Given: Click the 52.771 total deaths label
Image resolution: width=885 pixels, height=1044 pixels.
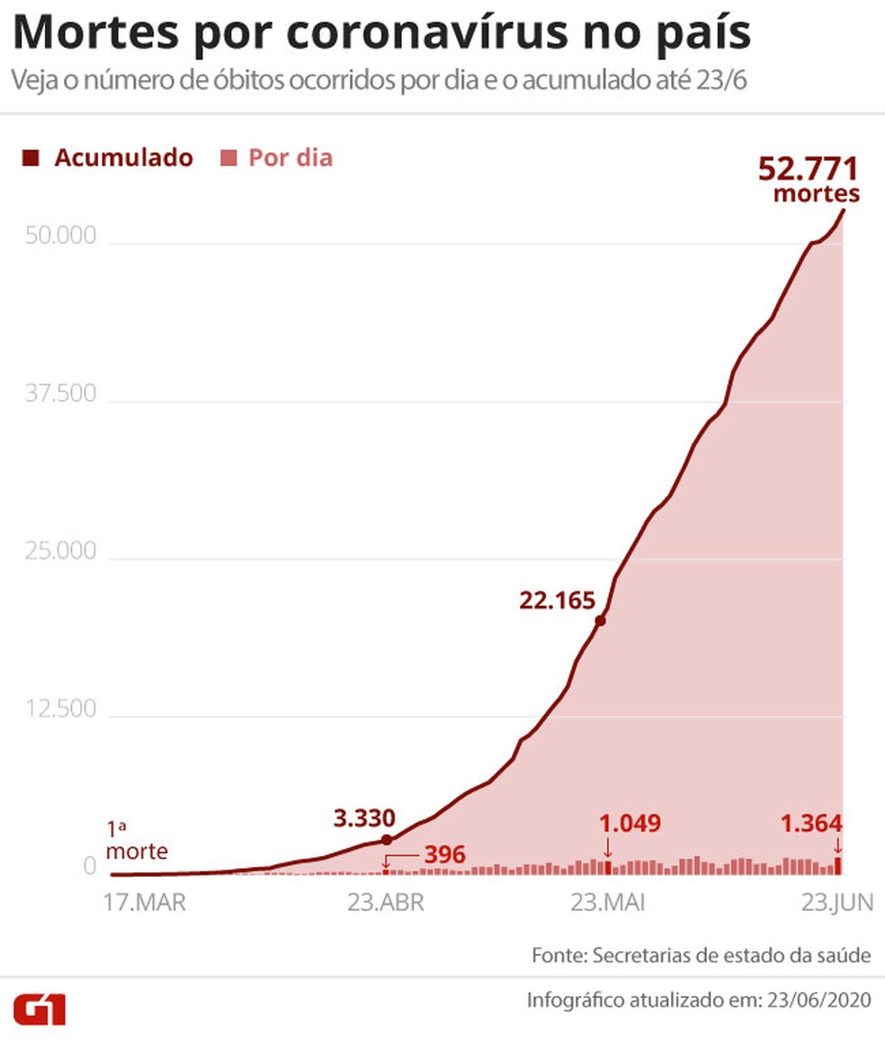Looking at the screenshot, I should [809, 170].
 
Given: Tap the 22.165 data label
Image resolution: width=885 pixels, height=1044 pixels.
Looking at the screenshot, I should [557, 599].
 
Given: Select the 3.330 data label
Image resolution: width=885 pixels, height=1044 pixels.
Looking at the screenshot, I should [363, 818].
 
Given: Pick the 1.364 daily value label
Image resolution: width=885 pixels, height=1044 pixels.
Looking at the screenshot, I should [810, 824].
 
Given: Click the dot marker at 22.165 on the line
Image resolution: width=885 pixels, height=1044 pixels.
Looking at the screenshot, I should [600, 620].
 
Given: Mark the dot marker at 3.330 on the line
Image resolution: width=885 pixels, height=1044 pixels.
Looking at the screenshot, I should [387, 839].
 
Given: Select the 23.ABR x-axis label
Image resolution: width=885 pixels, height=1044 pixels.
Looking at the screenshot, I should [385, 903].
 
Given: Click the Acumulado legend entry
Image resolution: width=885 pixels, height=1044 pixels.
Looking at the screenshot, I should [109, 158].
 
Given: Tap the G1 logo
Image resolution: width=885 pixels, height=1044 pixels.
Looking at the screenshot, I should [40, 1009].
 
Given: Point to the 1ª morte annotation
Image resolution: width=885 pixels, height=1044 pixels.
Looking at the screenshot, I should [137, 839].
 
